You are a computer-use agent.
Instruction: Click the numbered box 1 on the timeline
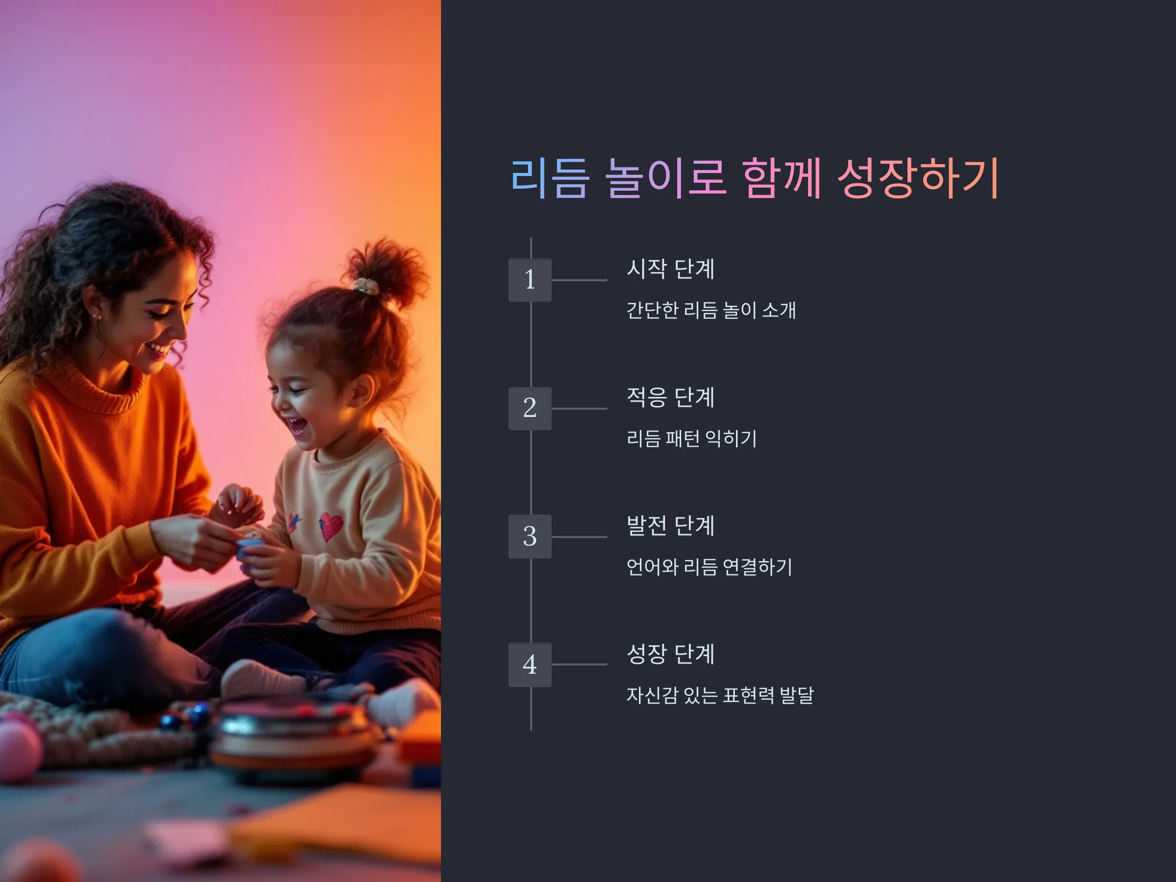tap(530, 280)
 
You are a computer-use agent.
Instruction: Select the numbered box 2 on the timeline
tap(530, 408)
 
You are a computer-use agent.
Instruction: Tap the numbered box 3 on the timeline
tap(530, 537)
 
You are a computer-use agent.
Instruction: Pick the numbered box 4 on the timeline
tap(530, 664)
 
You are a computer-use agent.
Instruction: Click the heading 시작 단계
tap(670, 269)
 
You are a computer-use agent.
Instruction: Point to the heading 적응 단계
tap(670, 397)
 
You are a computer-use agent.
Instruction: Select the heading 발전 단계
tap(670, 525)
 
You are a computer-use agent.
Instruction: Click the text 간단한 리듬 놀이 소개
tap(711, 310)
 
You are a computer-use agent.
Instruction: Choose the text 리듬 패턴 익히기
tap(691, 439)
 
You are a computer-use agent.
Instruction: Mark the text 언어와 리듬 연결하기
tap(709, 567)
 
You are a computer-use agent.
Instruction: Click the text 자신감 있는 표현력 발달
tap(720, 695)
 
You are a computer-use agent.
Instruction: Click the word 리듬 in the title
tap(550, 178)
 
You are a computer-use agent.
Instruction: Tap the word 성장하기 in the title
tap(918, 178)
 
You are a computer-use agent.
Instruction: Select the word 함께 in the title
tap(782, 178)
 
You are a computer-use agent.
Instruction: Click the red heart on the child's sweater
tap(331, 526)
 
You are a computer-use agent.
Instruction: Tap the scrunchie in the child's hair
tap(367, 286)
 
